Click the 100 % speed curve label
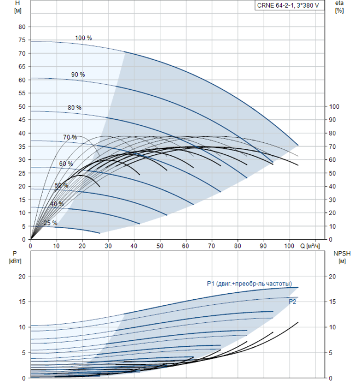[x=83, y=38]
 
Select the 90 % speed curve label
[x=78, y=74]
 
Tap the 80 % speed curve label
[x=74, y=108]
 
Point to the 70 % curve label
[x=69, y=137]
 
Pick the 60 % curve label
[x=66, y=164]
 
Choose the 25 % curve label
[x=50, y=223]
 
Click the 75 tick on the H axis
[x=22, y=40]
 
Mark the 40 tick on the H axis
[x=22, y=133]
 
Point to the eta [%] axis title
[x=339, y=7]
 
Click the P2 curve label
[x=293, y=301]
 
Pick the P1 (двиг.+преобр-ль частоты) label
[x=249, y=283]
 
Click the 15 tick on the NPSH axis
[x=335, y=302]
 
